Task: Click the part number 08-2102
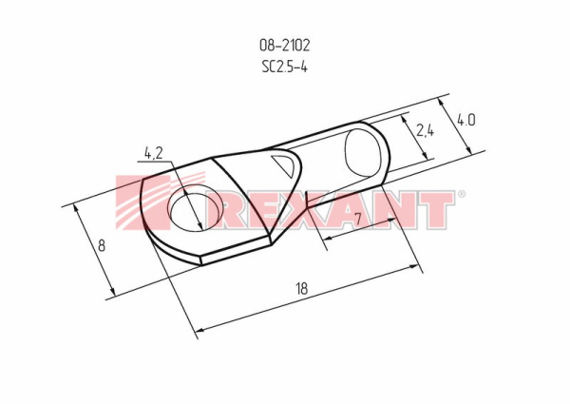click(x=285, y=45)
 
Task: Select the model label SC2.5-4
click(x=285, y=67)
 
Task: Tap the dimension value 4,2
click(x=153, y=153)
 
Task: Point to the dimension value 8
click(x=102, y=245)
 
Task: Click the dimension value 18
click(x=301, y=288)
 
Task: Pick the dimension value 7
click(x=358, y=219)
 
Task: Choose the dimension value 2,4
click(x=425, y=130)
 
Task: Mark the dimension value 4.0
click(x=465, y=120)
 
